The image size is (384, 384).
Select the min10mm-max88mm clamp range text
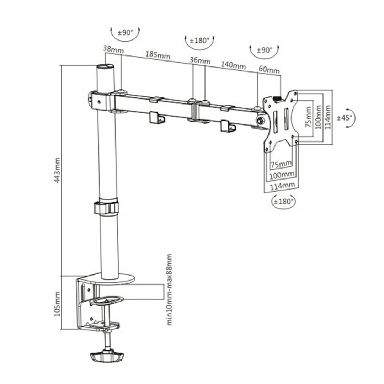point(170,289)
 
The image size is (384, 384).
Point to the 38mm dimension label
point(113,49)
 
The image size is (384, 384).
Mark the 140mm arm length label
point(233,65)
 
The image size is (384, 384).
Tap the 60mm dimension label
point(269,70)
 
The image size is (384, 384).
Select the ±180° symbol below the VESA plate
point(283,202)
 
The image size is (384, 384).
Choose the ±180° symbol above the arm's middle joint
point(199,41)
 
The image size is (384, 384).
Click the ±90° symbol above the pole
point(125,32)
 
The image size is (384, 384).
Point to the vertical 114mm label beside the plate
point(328,117)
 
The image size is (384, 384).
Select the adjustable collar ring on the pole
point(106,208)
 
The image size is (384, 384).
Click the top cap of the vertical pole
point(106,66)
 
